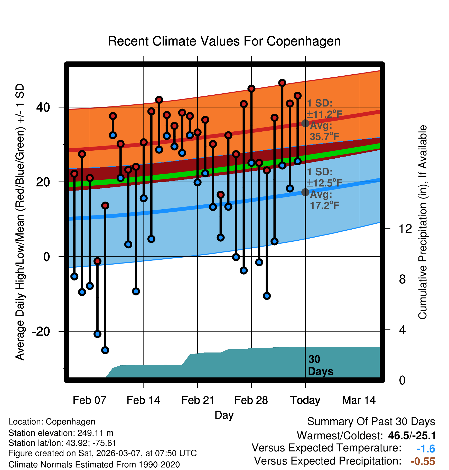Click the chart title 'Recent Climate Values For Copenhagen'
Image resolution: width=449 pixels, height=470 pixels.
(x=224, y=41)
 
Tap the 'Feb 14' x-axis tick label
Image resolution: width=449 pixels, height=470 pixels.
(x=143, y=400)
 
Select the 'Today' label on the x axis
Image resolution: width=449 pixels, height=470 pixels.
(x=305, y=400)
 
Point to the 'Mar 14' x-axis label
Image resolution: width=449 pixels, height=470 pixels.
(x=359, y=400)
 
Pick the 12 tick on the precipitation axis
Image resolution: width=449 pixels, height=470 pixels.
(x=405, y=229)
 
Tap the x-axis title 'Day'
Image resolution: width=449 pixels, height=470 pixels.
(x=224, y=415)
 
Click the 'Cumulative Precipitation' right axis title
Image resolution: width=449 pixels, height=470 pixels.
(x=423, y=222)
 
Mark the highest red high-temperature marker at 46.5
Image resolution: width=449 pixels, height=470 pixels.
(x=282, y=83)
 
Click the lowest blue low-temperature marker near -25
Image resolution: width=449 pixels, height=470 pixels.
(x=105, y=350)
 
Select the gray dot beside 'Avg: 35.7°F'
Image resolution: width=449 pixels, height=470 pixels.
(x=305, y=123)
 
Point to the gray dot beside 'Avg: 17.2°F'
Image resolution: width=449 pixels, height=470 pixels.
(x=305, y=192)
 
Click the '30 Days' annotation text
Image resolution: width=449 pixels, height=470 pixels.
(x=320, y=365)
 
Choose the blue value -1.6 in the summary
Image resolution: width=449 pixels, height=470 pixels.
(x=426, y=449)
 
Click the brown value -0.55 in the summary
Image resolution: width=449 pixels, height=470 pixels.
(x=423, y=461)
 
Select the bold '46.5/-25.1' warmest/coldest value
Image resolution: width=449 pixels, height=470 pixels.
(x=412, y=436)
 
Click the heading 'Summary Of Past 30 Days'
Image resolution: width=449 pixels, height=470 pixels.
(x=371, y=422)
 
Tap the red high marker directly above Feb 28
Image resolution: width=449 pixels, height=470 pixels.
(x=251, y=89)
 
